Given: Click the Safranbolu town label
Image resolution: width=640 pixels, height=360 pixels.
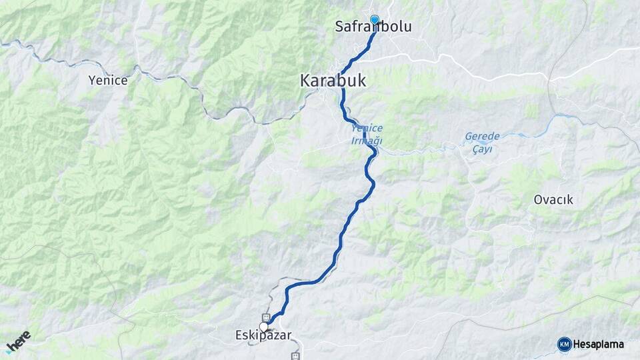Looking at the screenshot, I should (x=373, y=27).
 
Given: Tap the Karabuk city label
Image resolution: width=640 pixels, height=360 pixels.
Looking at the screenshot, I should (x=333, y=81).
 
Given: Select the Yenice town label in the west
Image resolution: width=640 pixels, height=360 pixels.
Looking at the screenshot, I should (x=107, y=80).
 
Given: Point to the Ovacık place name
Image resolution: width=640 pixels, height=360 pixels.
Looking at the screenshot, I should (x=553, y=199).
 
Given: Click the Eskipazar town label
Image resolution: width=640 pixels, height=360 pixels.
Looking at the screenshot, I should (x=263, y=335).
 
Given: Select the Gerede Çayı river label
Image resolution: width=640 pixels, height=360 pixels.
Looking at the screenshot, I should (x=482, y=143).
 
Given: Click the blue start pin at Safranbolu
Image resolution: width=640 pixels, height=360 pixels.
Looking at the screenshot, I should (x=375, y=20).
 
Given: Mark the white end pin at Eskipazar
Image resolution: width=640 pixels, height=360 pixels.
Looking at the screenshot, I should (x=264, y=327).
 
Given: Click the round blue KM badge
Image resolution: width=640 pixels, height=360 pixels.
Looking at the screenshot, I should (x=564, y=344).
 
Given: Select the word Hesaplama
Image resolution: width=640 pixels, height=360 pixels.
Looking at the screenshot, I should (x=599, y=344).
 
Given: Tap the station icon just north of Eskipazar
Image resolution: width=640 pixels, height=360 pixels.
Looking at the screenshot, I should (x=266, y=317).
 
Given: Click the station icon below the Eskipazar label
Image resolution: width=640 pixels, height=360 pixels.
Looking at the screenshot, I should (x=295, y=356).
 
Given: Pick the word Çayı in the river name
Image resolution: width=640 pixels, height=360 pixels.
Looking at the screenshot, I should (x=482, y=149).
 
